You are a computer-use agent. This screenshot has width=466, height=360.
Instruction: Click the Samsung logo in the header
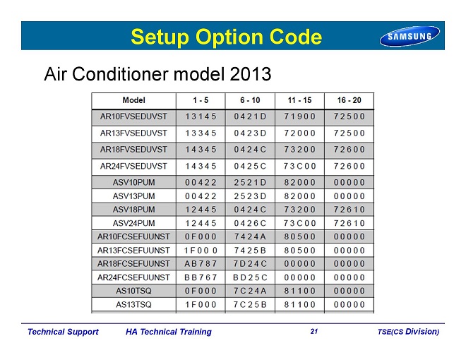(x=410, y=36)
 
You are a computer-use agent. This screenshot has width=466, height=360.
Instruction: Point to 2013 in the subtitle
(x=250, y=73)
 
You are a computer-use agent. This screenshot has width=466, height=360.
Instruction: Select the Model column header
(x=133, y=100)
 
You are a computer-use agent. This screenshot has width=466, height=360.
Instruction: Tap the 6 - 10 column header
(x=250, y=100)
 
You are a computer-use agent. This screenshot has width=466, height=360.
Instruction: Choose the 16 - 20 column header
(x=349, y=100)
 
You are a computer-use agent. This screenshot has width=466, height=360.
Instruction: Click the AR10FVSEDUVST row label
(x=133, y=116)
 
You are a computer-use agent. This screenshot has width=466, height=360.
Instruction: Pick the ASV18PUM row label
(x=133, y=210)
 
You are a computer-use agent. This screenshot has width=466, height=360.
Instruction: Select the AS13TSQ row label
(x=133, y=304)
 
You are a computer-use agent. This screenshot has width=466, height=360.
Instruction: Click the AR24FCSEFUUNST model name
(x=133, y=277)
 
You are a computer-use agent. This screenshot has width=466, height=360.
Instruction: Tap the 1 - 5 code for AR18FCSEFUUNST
(x=201, y=264)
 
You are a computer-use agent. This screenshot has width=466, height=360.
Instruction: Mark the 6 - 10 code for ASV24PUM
(x=250, y=223)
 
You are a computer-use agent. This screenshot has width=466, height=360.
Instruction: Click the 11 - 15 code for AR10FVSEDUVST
(x=299, y=116)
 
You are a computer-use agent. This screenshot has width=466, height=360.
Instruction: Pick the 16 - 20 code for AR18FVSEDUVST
(x=349, y=150)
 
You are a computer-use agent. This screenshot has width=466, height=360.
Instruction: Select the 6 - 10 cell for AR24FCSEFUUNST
(x=250, y=277)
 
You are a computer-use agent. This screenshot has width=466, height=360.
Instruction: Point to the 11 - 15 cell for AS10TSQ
(x=299, y=291)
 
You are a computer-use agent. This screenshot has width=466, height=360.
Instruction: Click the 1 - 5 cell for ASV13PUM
(x=201, y=196)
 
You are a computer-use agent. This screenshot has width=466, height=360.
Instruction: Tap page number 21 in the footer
(x=314, y=332)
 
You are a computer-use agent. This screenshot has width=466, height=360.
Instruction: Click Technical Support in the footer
(x=63, y=332)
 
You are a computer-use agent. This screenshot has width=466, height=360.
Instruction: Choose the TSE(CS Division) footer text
(x=408, y=332)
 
